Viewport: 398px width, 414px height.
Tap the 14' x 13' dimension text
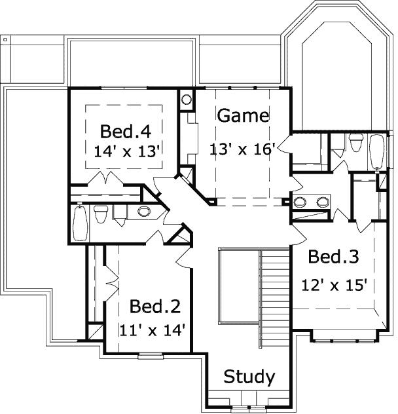click(123, 150)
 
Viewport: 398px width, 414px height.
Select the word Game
click(242, 116)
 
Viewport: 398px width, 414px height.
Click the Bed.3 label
click(333, 257)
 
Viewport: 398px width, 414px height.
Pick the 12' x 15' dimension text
click(333, 285)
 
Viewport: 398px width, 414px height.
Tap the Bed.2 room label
click(154, 306)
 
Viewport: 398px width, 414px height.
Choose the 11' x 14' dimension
click(154, 329)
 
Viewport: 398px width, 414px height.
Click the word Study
click(249, 377)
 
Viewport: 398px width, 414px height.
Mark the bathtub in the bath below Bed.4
click(80, 223)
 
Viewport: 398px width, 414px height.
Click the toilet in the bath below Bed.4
click(101, 214)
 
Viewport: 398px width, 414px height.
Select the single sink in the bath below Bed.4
click(144, 211)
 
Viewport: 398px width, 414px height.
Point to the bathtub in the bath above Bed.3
click(376, 151)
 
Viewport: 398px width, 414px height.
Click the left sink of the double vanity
click(300, 202)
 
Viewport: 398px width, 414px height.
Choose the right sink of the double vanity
click(322, 202)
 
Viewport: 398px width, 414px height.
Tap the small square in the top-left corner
click(5, 40)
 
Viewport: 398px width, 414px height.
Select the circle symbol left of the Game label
click(187, 100)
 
